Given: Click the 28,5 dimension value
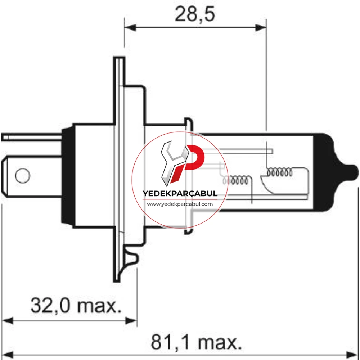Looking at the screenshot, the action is tap(195, 14).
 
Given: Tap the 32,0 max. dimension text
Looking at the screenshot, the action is tap(76, 306).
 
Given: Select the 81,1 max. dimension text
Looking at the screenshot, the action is tap(196, 342).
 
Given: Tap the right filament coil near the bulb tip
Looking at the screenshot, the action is tap(279, 172).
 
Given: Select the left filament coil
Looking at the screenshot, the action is tap(235, 180).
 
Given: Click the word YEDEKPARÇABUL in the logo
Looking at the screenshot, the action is tap(180, 194).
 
